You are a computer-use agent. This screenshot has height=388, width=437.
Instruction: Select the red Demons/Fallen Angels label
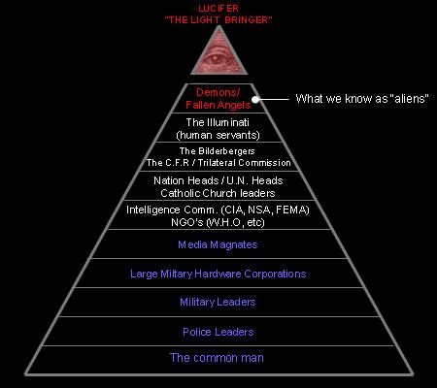(x=218, y=98)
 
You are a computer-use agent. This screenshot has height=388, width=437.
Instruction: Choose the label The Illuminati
(x=218, y=122)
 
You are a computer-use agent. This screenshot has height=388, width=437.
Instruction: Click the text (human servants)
(x=218, y=135)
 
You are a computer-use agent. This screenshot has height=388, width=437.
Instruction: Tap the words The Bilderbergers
(x=218, y=151)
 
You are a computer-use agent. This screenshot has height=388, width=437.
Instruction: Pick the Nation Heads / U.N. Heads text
(x=218, y=179)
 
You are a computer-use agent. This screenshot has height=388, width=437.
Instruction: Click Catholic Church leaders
(x=218, y=192)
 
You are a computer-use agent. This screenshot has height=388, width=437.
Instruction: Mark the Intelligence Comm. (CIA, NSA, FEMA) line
(x=218, y=209)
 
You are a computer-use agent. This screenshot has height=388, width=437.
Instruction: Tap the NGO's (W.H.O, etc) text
(x=218, y=221)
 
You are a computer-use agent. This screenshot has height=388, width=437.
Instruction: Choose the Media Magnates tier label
(x=218, y=245)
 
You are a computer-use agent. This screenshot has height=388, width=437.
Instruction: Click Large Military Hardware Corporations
(x=218, y=274)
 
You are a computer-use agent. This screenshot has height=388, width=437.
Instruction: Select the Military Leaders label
(x=218, y=303)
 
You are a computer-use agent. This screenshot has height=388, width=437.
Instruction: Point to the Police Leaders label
(x=218, y=332)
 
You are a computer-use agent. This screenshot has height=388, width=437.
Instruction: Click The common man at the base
(x=218, y=357)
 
